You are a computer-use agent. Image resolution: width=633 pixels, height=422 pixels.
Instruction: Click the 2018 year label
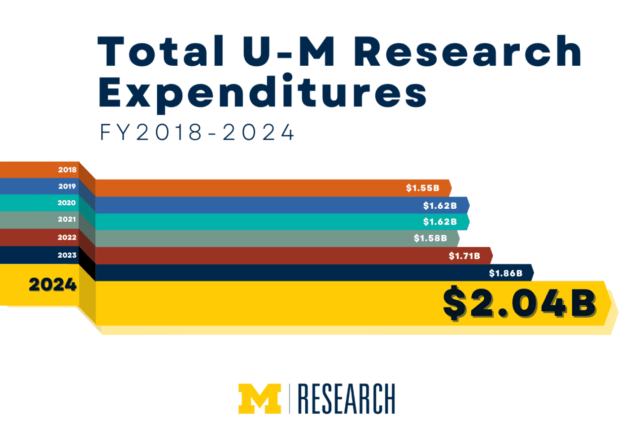tap(67, 170)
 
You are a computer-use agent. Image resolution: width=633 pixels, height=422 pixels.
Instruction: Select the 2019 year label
tap(67, 187)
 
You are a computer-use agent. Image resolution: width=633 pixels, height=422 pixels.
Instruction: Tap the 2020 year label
tap(67, 203)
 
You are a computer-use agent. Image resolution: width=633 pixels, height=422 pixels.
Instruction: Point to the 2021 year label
tap(67, 220)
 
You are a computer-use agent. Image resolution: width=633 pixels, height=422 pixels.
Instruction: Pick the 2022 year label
tap(67, 237)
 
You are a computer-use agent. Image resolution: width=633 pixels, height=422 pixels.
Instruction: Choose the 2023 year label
tap(67, 255)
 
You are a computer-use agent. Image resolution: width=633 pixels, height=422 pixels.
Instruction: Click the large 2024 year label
tap(53, 285)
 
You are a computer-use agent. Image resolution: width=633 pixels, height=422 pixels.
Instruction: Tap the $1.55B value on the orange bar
tap(422, 188)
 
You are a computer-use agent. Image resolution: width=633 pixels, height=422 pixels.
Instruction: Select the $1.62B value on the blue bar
tap(440, 205)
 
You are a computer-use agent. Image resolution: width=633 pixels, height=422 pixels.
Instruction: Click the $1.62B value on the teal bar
tap(440, 222)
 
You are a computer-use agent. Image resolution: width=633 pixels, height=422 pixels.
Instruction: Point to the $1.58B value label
tap(430, 238)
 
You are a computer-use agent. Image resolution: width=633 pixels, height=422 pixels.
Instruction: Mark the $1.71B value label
tap(464, 256)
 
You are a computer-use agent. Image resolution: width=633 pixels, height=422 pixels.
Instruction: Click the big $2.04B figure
tap(519, 303)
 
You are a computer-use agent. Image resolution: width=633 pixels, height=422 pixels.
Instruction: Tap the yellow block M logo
tap(259, 398)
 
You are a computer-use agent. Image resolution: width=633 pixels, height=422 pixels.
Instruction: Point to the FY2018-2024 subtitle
tap(197, 133)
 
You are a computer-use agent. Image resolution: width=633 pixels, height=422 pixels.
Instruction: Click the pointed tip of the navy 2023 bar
tap(533, 273)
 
